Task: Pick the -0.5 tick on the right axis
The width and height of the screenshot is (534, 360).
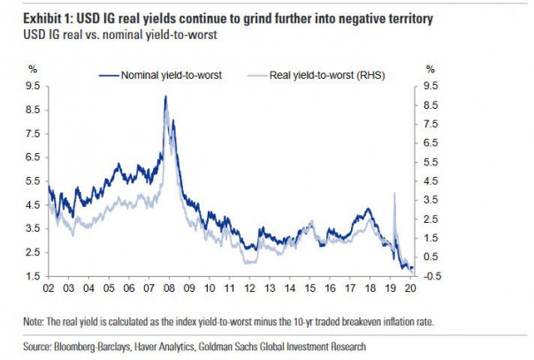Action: pyautogui.click(x=433, y=276)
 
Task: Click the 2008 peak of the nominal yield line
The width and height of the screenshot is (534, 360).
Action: pyautogui.click(x=165, y=96)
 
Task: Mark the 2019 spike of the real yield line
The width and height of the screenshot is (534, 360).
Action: pyautogui.click(x=393, y=193)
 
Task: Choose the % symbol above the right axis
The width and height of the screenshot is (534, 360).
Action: pyautogui.click(x=430, y=70)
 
